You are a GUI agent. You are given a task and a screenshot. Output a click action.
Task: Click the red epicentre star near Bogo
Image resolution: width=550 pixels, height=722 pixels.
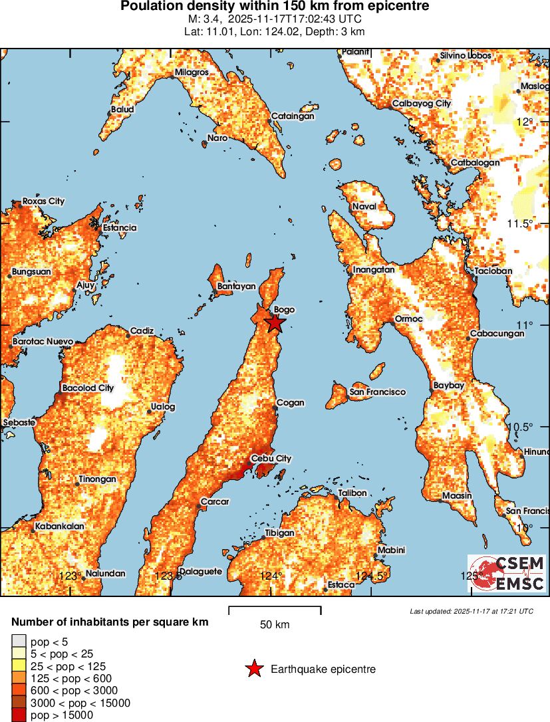[x=275, y=323]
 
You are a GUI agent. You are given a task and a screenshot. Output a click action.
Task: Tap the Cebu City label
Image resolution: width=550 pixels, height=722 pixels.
[x=271, y=459]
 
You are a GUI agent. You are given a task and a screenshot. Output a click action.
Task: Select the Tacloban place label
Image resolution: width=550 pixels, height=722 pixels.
[x=493, y=271]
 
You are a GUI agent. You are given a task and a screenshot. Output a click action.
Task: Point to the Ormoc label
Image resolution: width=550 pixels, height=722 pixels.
[x=408, y=319]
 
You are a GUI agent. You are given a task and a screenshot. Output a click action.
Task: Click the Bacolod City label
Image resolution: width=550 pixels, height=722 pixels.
[x=88, y=388]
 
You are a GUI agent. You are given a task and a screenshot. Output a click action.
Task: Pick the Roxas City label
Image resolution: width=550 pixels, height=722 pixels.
[x=43, y=201]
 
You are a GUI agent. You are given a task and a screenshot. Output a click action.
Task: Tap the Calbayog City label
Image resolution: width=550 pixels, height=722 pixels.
[x=422, y=104]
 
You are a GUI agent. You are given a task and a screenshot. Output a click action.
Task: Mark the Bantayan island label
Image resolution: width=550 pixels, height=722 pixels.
[x=236, y=287]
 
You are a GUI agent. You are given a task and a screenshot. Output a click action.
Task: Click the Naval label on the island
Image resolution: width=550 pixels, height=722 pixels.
[x=364, y=206]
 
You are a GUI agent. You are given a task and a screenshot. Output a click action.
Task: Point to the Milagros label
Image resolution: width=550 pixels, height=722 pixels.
[x=192, y=72]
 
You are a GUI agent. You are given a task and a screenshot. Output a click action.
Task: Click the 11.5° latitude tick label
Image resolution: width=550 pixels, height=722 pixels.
[x=520, y=223]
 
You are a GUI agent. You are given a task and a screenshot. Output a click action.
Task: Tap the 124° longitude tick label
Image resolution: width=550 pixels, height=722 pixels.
[x=271, y=576]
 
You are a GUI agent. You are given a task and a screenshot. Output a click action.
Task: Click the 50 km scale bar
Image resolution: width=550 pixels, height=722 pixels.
[x=275, y=608]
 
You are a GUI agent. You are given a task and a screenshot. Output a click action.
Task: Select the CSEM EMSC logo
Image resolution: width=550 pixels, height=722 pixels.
[x=505, y=574]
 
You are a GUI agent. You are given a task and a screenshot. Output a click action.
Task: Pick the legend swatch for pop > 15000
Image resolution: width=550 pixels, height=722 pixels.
[x=19, y=715]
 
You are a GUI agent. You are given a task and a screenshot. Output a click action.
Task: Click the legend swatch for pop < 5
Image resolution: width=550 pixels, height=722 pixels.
[x=19, y=642]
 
